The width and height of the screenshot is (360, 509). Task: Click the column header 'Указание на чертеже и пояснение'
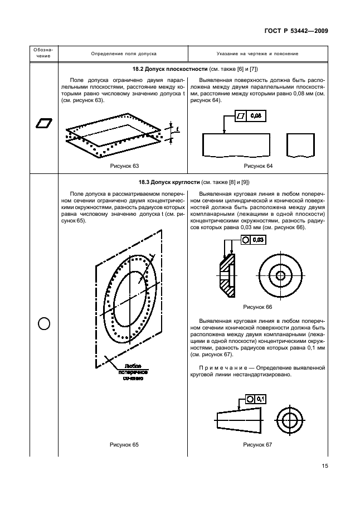[257, 54]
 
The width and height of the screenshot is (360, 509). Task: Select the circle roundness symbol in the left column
[44, 323]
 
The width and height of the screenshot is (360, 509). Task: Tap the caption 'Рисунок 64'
[257, 166]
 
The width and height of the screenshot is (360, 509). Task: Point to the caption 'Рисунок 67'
[257, 444]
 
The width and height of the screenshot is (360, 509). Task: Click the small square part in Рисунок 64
[298, 145]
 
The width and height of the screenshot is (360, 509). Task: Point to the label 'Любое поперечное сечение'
[133, 373]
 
